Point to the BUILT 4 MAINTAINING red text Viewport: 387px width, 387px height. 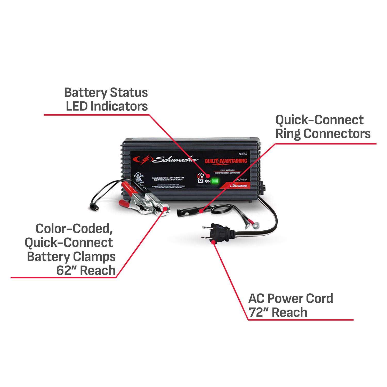click(226, 161)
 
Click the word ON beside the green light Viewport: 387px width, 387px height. click(207, 181)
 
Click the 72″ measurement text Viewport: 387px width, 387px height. click(258, 312)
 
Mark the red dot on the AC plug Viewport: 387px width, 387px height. click(213, 242)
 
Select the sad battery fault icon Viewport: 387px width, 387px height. click(199, 180)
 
